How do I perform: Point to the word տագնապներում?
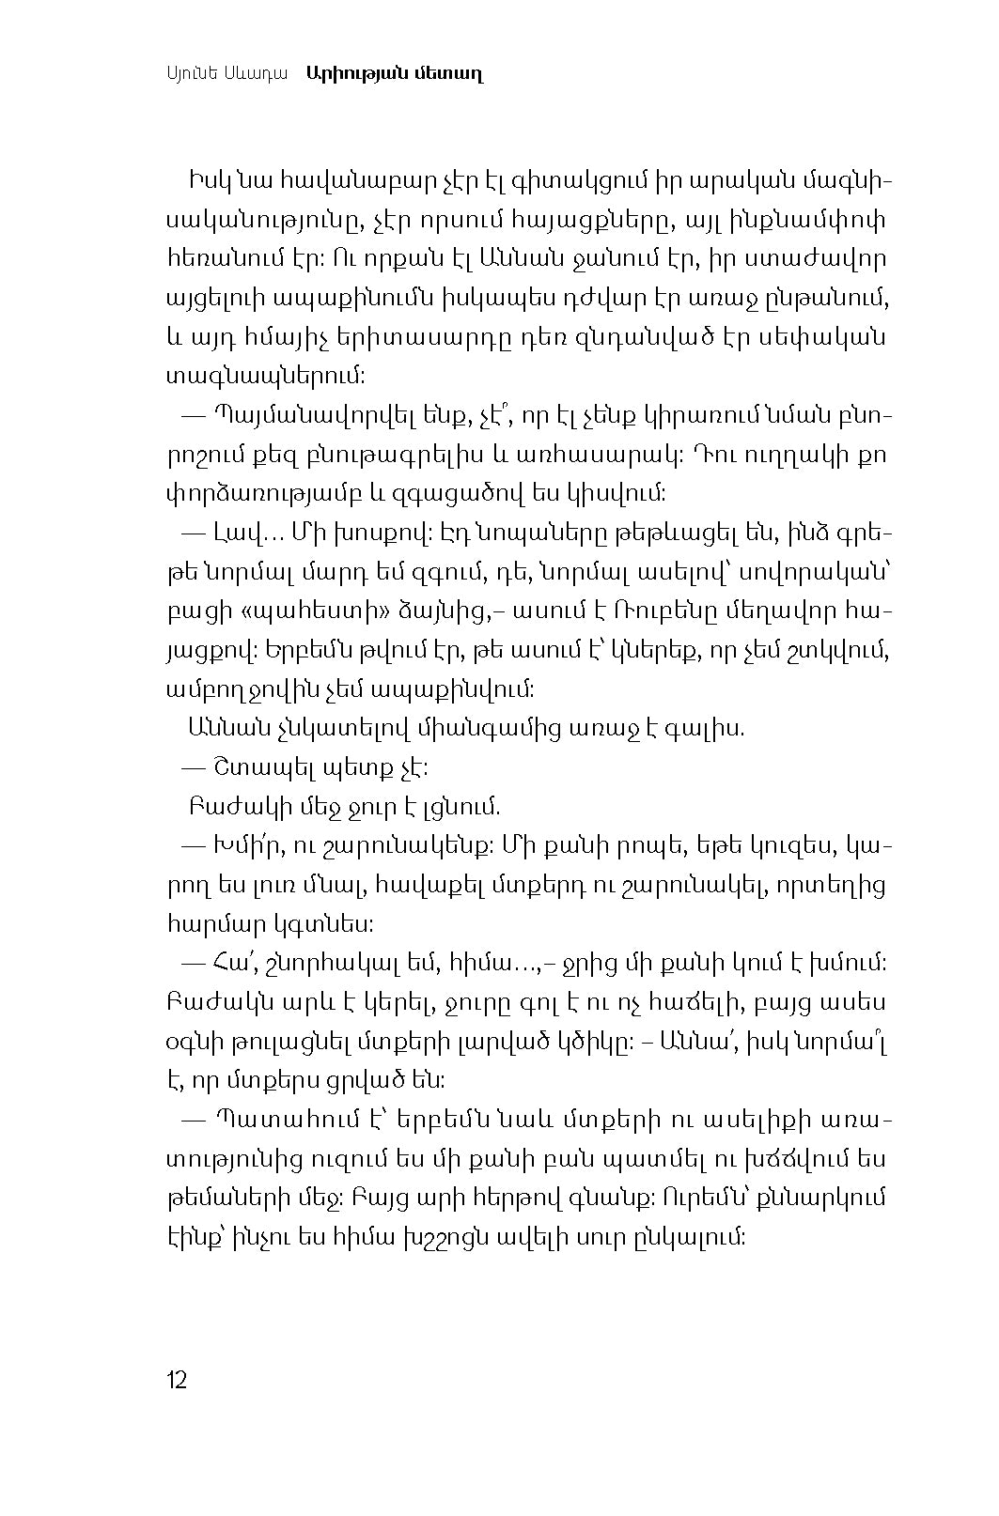click(x=264, y=376)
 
